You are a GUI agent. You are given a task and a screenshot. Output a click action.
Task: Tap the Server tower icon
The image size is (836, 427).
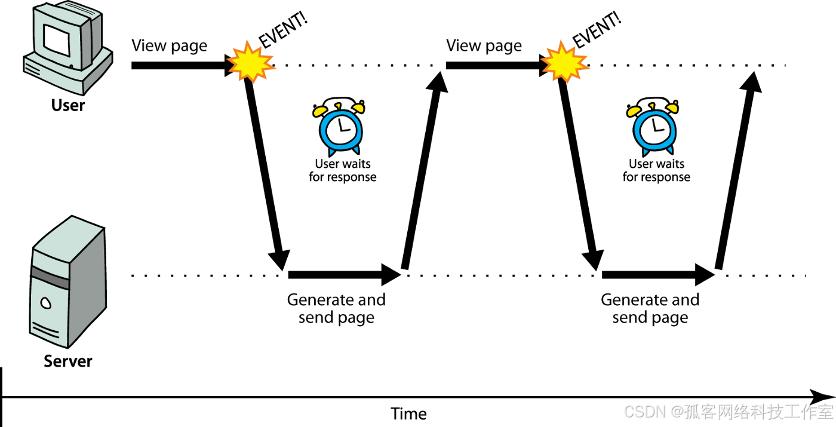tap(68, 282)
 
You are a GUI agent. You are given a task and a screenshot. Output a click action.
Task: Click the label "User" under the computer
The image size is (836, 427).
tap(68, 105)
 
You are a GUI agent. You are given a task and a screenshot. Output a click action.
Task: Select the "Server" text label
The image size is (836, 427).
tap(68, 361)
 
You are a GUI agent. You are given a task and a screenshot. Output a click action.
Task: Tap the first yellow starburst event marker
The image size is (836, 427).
tap(251, 62)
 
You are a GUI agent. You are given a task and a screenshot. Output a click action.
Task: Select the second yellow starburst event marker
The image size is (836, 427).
tap(565, 62)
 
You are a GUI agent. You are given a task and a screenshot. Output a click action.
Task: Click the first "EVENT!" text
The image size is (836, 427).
tap(284, 30)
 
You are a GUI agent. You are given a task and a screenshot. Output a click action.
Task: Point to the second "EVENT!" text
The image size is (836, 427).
tap(597, 30)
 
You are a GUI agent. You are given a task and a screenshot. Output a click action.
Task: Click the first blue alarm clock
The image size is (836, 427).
tap(339, 126)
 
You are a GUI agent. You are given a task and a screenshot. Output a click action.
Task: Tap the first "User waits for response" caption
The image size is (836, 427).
tap(343, 171)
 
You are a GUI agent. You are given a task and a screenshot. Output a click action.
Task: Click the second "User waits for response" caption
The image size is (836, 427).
tap(656, 171)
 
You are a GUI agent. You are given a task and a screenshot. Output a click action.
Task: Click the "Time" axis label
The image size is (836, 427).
tap(408, 414)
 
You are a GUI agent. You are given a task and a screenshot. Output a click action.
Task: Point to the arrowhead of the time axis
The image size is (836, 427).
tap(831, 397)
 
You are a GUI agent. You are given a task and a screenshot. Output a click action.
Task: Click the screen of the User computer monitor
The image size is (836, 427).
tap(57, 41)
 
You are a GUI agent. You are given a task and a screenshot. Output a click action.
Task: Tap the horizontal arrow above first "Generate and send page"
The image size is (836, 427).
tap(345, 275)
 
